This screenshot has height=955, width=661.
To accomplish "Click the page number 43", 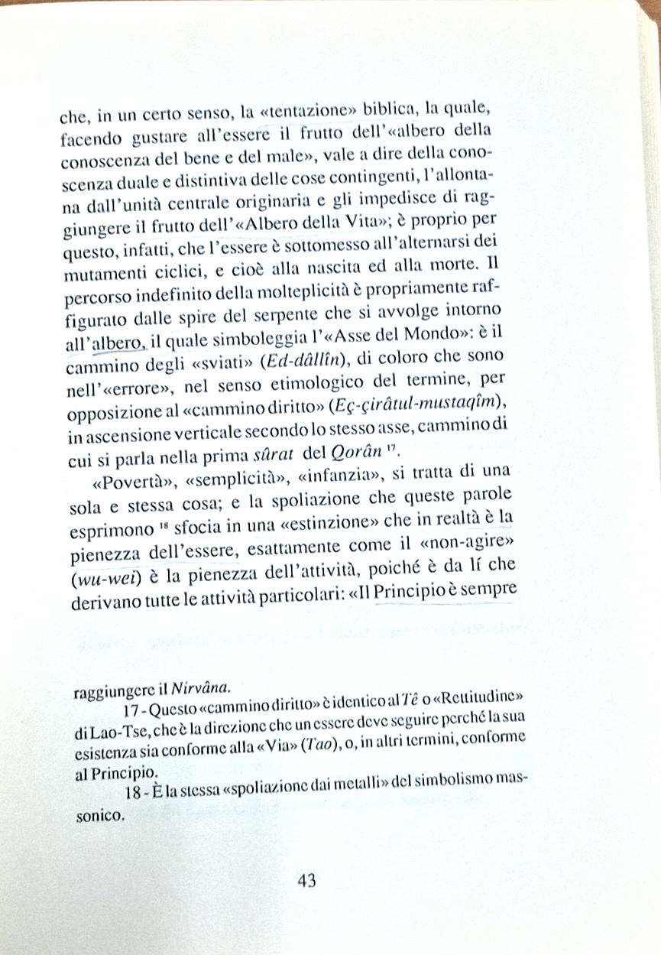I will pyautogui.click(x=306, y=880).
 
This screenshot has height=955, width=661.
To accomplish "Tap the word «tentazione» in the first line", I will pyautogui.click(x=315, y=115).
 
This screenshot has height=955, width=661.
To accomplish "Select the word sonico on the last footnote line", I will pyautogui.click(x=99, y=816).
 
